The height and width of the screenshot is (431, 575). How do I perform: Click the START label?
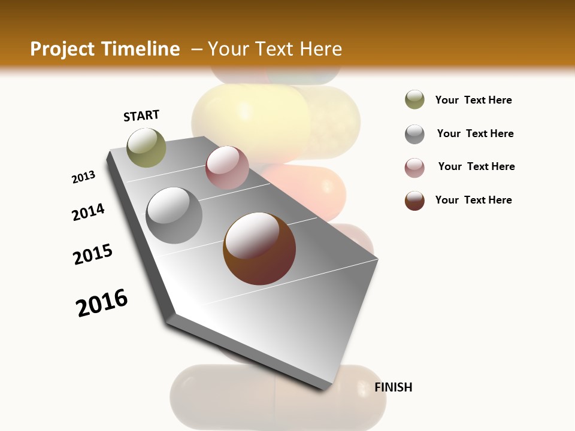point(141,116)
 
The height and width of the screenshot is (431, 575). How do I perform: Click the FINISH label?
point(393,387)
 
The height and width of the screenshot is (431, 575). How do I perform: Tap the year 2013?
point(83,177)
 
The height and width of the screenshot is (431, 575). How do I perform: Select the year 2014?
point(88,213)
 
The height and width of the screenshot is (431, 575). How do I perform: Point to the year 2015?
point(93,254)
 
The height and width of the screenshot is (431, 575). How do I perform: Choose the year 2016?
point(102,303)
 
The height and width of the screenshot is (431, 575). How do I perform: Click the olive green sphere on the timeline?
point(146,147)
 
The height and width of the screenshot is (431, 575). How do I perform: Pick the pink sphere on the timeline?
point(227,168)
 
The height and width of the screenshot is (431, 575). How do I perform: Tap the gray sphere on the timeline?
point(174,215)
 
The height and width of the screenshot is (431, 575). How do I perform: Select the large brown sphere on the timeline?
point(259,248)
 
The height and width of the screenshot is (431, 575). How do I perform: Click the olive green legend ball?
point(414,100)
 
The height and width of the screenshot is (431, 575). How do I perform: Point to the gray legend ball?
point(414,134)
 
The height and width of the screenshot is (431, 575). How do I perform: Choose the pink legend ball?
point(414,168)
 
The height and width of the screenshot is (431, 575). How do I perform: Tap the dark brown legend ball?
point(414,201)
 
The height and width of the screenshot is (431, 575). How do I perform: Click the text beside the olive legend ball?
point(473,100)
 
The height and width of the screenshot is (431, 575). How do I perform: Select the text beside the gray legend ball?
point(475,133)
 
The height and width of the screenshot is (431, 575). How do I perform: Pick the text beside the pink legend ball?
point(476,166)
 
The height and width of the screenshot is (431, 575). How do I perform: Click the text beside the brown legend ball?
point(473,200)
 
